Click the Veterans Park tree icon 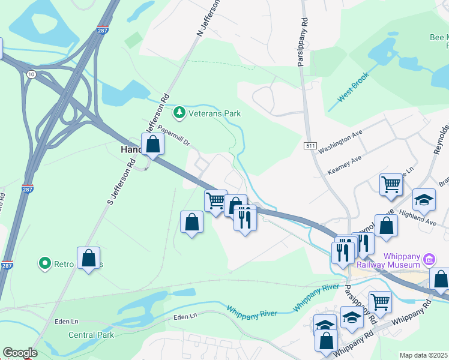pyautogui.click(x=179, y=112)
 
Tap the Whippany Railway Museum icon pyautogui.click(x=429, y=260)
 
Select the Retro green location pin pyautogui.click(x=44, y=263)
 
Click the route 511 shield pyautogui.click(x=310, y=146)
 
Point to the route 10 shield pyautogui.click(x=30, y=73)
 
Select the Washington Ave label pyautogui.click(x=341, y=142)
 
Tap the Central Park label pyautogui.click(x=91, y=335)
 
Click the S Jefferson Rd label pyautogui.click(x=121, y=179)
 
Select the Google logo pyautogui.click(x=20, y=353)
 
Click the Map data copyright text pyautogui.click(x=423, y=355)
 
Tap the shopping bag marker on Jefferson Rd pyautogui.click(x=152, y=144)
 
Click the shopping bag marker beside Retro pyautogui.click(x=88, y=258)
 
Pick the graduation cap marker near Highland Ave pyautogui.click(x=424, y=200)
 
